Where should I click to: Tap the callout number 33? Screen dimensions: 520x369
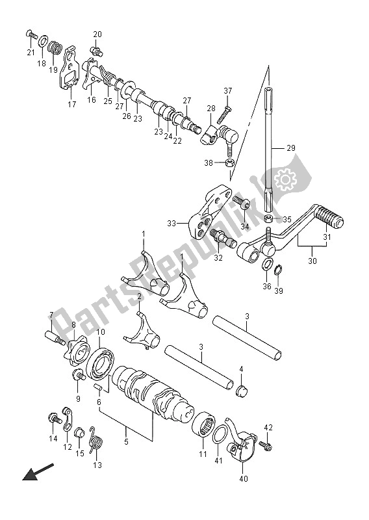tap(171, 224)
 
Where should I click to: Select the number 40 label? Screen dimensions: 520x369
tap(244, 480)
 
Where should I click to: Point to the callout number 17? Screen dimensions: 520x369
tap(72, 104)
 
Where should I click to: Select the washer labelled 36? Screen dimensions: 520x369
tap(268, 264)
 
